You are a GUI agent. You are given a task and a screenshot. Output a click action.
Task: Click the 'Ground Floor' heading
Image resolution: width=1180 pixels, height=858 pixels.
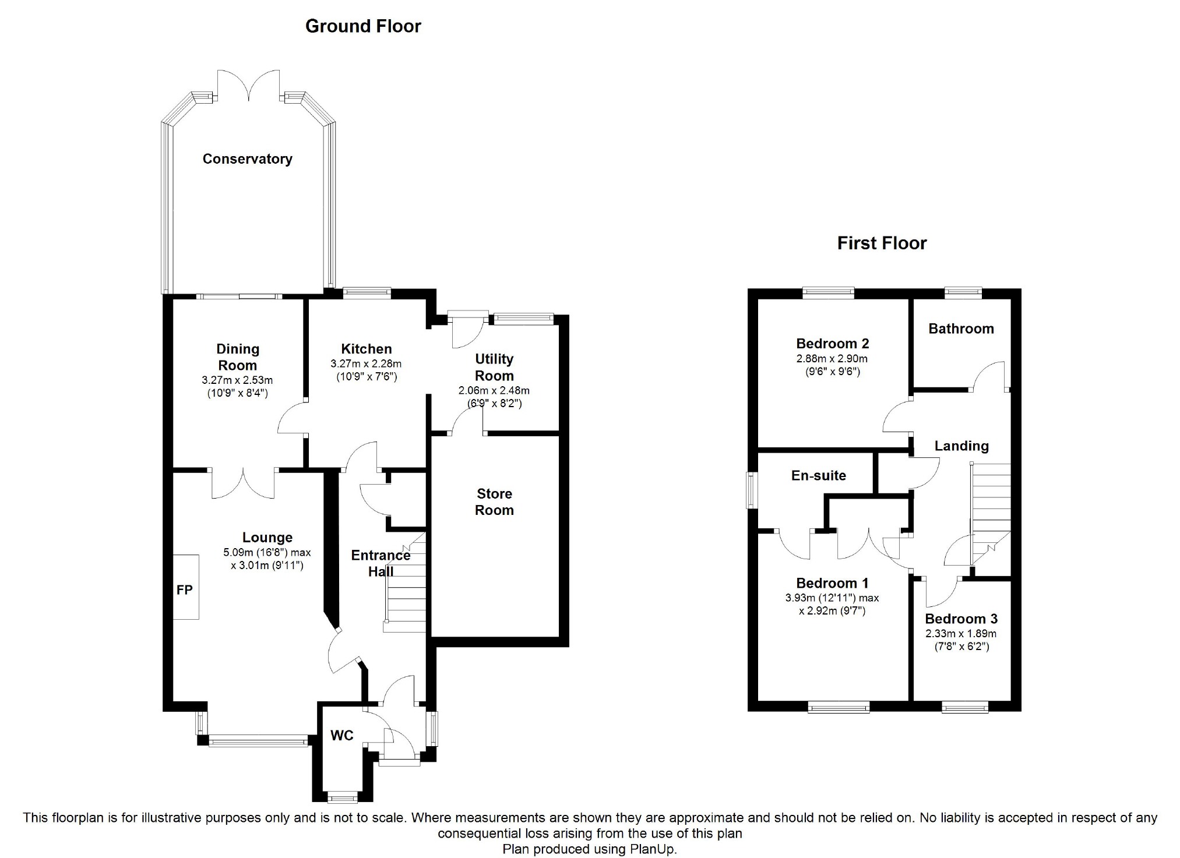click(363, 26)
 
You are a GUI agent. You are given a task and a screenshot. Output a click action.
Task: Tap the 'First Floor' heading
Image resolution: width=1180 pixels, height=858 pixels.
click(882, 243)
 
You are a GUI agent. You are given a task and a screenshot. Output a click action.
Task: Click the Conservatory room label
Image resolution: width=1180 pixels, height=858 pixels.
click(247, 159)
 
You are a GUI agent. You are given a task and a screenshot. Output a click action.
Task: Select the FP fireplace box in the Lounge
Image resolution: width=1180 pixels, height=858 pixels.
click(186, 587)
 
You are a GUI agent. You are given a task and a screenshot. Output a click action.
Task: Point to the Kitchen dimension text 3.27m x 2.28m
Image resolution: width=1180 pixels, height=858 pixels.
click(366, 364)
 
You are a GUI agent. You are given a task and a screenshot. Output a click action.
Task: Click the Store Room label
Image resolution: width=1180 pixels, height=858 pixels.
click(494, 502)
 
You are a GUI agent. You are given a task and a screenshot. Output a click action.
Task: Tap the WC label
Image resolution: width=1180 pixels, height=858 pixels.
click(341, 736)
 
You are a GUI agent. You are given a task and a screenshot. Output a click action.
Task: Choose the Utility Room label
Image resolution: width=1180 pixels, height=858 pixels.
click(494, 367)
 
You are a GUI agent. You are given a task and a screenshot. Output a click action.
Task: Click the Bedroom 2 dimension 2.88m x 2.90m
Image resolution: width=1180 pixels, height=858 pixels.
click(832, 359)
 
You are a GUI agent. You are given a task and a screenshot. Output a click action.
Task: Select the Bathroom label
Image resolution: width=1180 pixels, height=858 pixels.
click(961, 329)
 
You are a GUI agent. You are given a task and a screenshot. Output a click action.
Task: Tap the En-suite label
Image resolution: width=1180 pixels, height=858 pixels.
click(818, 475)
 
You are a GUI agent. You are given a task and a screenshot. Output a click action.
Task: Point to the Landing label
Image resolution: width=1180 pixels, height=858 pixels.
click(961, 446)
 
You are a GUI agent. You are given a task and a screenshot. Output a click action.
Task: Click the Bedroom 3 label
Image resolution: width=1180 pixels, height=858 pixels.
click(961, 619)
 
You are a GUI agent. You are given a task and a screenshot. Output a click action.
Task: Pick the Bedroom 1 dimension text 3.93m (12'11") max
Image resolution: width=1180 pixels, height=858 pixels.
click(832, 598)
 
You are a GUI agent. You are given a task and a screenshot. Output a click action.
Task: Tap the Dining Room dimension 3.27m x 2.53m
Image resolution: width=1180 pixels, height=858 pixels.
click(237, 380)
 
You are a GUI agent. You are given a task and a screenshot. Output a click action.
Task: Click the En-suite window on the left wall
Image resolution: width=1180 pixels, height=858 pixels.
click(752, 490)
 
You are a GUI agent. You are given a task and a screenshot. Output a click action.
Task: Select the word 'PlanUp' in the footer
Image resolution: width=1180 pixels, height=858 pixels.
click(651, 849)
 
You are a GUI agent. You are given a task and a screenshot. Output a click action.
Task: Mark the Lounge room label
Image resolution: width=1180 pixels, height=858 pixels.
click(267, 538)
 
